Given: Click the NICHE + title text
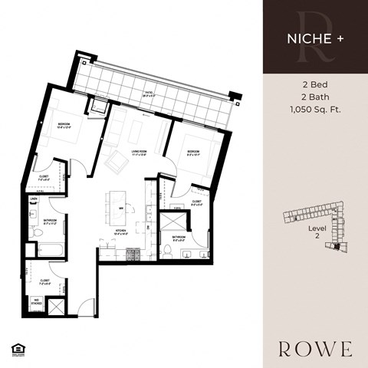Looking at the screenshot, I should click(315, 36).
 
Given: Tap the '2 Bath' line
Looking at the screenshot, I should click(315, 99).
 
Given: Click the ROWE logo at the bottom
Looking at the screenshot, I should click(315, 349).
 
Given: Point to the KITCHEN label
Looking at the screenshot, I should click(120, 230).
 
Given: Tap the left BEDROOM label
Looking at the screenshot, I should click(64, 124).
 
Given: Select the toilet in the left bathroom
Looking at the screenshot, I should click(36, 232).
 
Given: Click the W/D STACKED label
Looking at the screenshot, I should click(36, 301).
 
